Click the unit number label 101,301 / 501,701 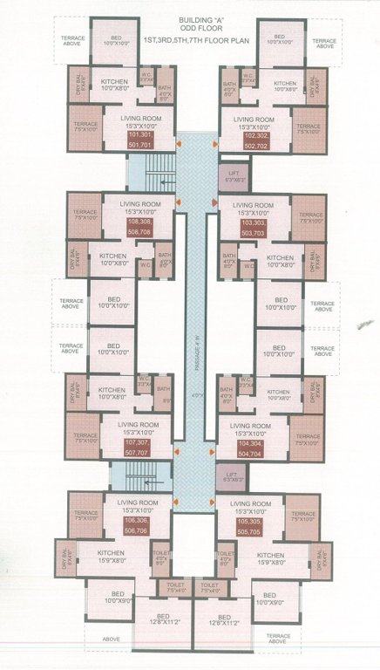pos(139,141)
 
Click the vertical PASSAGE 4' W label pos(197,358)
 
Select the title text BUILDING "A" pos(190,18)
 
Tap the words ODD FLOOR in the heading pos(190,29)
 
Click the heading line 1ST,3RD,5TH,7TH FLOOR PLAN pos(190,40)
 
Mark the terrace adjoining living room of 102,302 pos(308,126)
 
